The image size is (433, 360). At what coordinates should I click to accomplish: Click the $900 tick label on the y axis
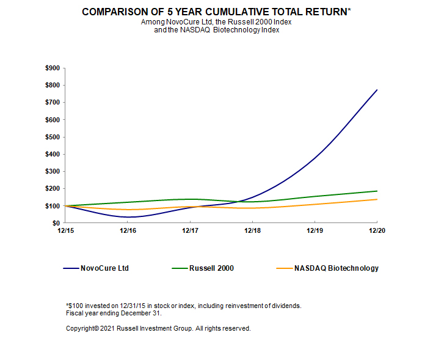tap(52, 68)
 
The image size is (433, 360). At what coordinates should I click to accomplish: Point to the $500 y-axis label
tap(52, 137)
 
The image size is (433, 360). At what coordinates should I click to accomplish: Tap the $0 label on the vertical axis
tap(56, 223)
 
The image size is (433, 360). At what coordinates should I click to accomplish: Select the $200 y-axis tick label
tap(52, 189)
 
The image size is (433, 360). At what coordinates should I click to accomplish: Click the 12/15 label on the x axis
tap(64, 231)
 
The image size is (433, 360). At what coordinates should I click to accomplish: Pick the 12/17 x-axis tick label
tap(190, 231)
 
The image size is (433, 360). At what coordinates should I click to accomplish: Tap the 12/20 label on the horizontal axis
tap(377, 231)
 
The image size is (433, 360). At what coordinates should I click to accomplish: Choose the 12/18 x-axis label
tap(252, 231)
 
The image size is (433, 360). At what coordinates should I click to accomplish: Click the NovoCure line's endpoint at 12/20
tap(377, 90)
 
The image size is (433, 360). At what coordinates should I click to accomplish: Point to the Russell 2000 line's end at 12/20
tap(377, 191)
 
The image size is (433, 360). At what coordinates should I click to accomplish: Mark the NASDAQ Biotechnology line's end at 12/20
tap(377, 199)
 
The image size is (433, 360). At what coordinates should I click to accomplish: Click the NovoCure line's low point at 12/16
tap(128, 217)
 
